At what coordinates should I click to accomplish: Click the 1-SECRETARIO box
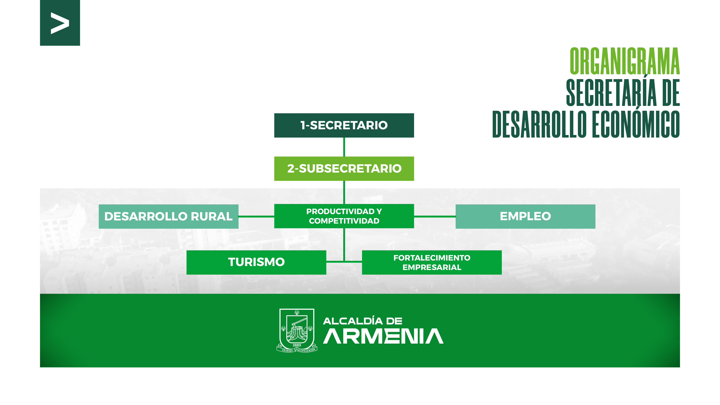point(344,125)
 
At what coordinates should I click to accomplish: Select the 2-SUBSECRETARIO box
point(344,169)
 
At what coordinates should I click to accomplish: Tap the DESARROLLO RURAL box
point(168,216)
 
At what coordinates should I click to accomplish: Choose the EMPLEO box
point(525,216)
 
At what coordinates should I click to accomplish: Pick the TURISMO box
point(256,262)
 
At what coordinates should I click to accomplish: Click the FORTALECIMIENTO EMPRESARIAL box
point(432,262)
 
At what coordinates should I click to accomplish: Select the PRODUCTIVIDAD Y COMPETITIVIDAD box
point(344,216)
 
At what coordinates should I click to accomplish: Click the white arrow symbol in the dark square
point(60,23)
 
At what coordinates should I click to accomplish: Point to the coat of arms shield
point(297,328)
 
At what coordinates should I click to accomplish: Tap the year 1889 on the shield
point(297,345)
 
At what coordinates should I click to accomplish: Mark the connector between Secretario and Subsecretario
point(344,147)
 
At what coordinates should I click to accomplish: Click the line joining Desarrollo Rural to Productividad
point(256,216)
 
